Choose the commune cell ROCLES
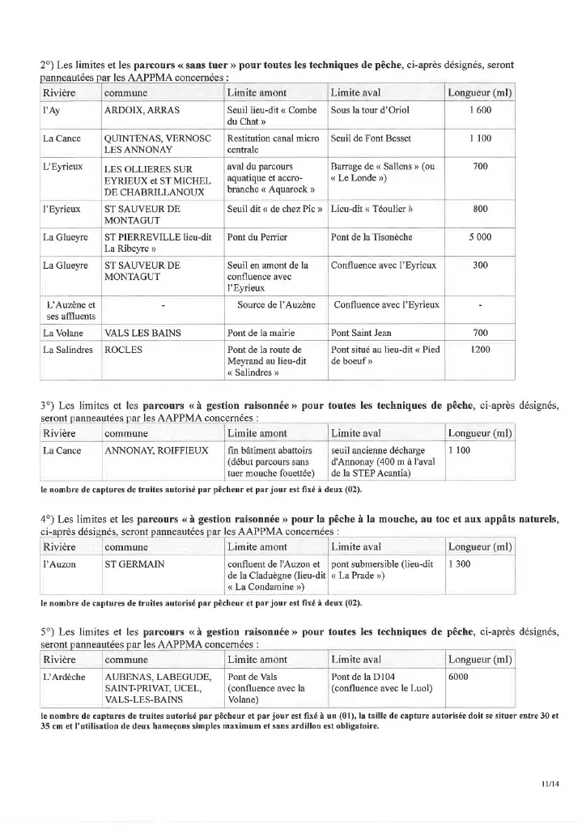tap(123, 350)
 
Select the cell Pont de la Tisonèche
tap(372, 237)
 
